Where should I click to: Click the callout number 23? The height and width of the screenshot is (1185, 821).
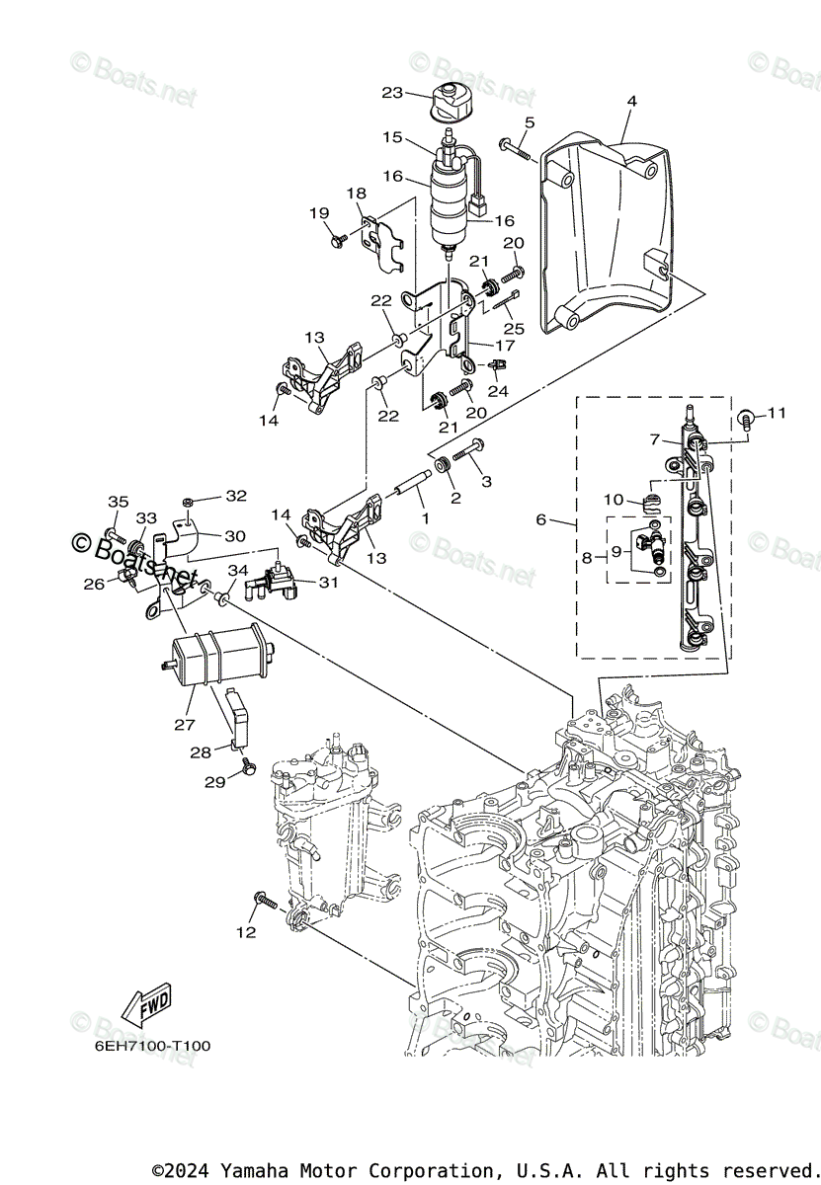392,93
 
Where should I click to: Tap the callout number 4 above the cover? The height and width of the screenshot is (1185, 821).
631,101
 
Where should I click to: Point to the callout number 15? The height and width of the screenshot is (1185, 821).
392,137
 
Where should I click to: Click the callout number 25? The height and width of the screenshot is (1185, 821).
512,327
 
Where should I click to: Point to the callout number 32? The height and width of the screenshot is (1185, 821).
236,496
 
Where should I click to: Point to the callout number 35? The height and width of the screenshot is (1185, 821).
118,502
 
